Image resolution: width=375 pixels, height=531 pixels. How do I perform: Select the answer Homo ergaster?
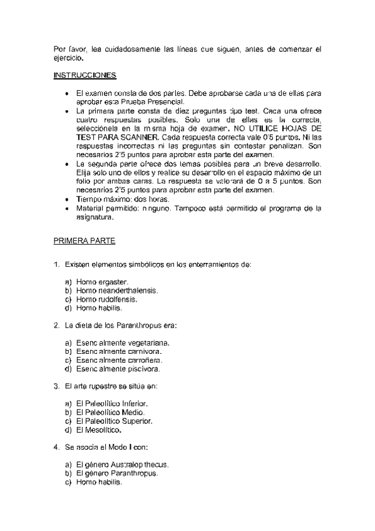pyautogui.click(x=101, y=282)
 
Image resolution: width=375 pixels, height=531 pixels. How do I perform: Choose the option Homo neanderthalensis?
pyautogui.click(x=116, y=291)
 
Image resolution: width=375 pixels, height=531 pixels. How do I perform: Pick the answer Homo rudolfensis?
pyautogui.click(x=106, y=299)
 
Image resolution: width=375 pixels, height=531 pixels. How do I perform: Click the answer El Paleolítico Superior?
pyautogui.click(x=113, y=421)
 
